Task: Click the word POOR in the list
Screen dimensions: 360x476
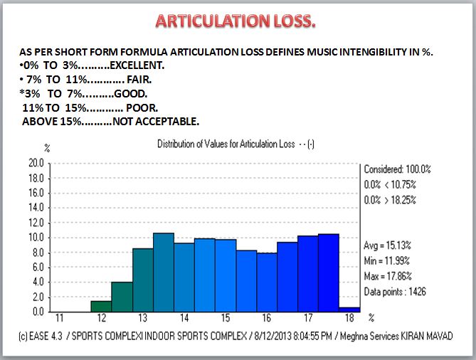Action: [144, 107]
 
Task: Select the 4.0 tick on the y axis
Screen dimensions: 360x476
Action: [36, 282]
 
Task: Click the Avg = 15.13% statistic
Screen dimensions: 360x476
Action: [391, 245]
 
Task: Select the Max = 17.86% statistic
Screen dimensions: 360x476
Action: [392, 275]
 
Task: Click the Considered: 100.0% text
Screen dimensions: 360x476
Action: [398, 169]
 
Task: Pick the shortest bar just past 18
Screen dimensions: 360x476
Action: [349, 309]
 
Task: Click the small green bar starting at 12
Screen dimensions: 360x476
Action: [101, 307]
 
